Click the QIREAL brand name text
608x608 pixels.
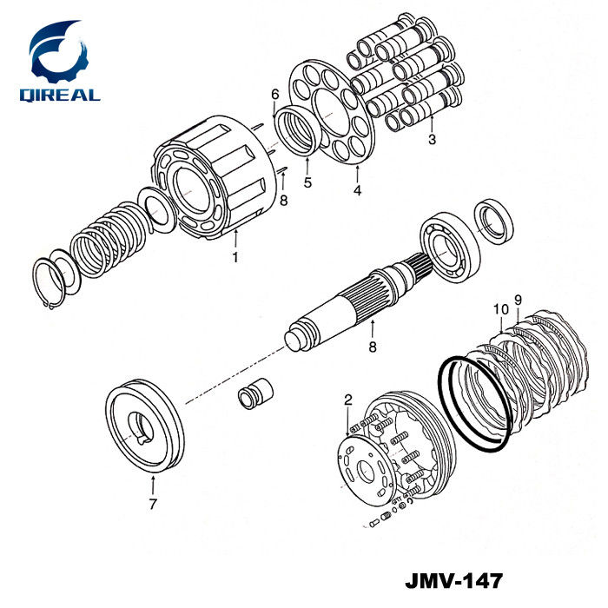click(60, 95)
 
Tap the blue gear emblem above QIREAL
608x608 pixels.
click(59, 52)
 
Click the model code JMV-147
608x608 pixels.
click(454, 580)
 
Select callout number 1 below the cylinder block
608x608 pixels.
click(235, 257)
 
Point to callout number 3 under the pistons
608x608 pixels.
click(432, 139)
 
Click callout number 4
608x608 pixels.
click(357, 190)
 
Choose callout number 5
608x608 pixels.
click(307, 182)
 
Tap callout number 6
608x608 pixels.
click(275, 94)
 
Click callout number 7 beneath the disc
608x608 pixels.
click(153, 504)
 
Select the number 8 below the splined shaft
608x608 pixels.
click(373, 347)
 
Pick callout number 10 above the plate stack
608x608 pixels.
click(501, 310)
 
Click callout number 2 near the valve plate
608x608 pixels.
click(348, 400)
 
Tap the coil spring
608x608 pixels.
click(108, 240)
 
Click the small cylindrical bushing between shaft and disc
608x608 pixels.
click(255, 393)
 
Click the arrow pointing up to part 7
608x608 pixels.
click(153, 486)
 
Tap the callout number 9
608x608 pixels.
click(518, 300)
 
